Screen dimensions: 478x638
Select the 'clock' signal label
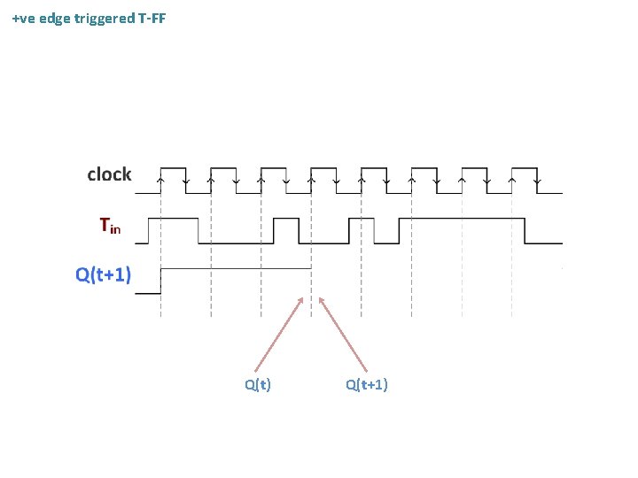click(x=109, y=174)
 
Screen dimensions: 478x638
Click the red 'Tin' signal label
click(x=110, y=227)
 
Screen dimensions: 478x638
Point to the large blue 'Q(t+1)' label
click(x=104, y=274)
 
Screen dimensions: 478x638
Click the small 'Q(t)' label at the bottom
click(x=258, y=384)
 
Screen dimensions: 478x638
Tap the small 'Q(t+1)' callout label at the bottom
click(x=367, y=384)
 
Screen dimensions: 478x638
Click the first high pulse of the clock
click(x=173, y=167)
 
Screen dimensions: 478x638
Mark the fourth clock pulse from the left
click(x=323, y=167)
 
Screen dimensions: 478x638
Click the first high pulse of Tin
click(x=173, y=219)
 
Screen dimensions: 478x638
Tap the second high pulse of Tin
click(x=286, y=219)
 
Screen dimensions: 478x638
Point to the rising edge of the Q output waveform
click(x=160, y=280)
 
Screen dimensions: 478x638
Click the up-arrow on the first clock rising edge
click(x=160, y=180)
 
